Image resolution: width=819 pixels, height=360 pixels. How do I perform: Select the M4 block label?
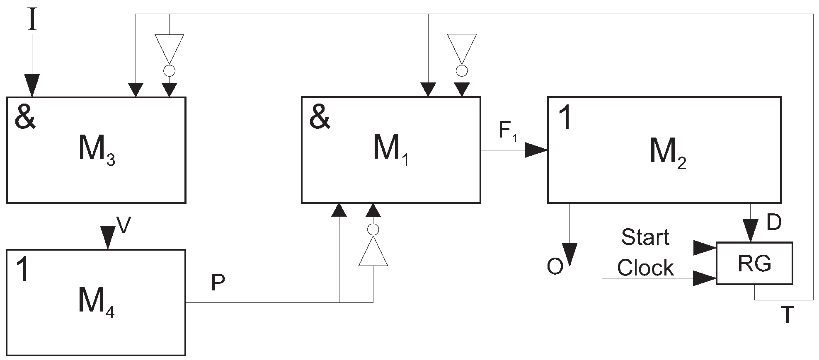pyautogui.click(x=96, y=304)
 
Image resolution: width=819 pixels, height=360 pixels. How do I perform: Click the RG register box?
pyautogui.click(x=754, y=263)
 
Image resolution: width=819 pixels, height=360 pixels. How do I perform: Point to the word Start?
pyautogui.click(x=645, y=237)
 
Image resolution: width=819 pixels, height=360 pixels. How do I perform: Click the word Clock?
pyautogui.click(x=645, y=268)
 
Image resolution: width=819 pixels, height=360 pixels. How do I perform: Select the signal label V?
pyautogui.click(x=124, y=226)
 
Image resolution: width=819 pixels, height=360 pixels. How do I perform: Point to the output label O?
pyautogui.click(x=555, y=267)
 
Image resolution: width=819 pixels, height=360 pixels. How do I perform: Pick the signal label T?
pyautogui.click(x=787, y=315)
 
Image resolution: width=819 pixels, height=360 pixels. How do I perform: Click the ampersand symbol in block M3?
pyautogui.click(x=25, y=118)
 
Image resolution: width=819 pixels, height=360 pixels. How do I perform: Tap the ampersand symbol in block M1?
pyautogui.click(x=320, y=118)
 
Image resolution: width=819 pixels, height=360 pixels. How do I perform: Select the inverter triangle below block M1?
pyautogui.click(x=373, y=252)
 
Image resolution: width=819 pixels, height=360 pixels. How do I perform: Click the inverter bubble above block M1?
pyautogui.click(x=462, y=71)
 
